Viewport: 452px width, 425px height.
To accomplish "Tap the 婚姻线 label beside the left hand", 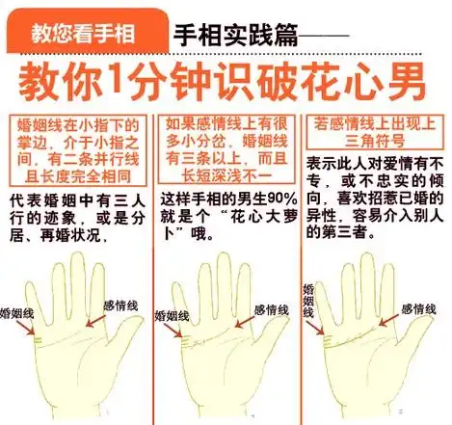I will (22, 313).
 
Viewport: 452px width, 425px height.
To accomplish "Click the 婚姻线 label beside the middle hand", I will (171, 317).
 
